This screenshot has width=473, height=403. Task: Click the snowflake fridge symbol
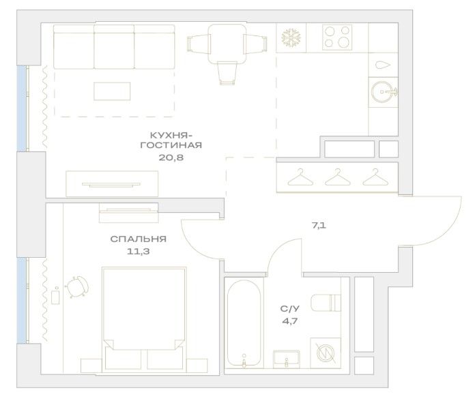(x=291, y=38)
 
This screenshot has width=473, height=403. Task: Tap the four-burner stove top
(x=337, y=38)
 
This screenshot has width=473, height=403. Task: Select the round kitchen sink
(x=382, y=91)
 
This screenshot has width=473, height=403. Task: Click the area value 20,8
(x=171, y=158)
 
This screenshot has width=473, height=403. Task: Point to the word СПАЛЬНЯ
(x=138, y=239)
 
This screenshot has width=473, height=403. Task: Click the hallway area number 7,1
(x=319, y=226)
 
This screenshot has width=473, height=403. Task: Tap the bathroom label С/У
(x=290, y=309)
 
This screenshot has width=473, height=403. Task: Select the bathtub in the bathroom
(x=244, y=323)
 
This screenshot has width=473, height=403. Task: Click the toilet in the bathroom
(x=326, y=302)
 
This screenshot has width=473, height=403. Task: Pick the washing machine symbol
(x=326, y=353)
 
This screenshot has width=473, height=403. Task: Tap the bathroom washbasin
(x=286, y=359)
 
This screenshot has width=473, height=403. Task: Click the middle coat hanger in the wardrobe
(x=338, y=177)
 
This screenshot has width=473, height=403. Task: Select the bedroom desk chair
(x=77, y=286)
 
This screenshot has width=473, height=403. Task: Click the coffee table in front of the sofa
(x=112, y=91)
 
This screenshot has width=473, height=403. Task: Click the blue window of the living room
(x=21, y=108)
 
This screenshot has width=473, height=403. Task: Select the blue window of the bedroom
(x=21, y=300)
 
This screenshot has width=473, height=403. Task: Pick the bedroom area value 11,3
(x=138, y=252)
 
